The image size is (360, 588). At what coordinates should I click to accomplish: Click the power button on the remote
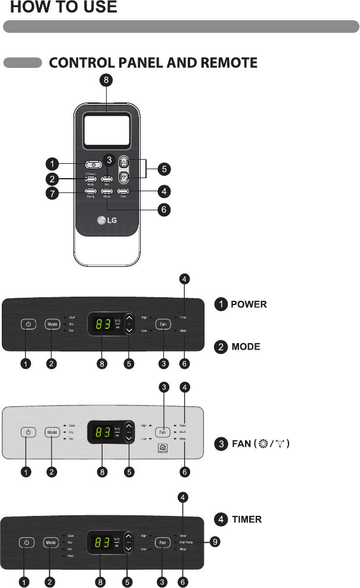click(x=92, y=164)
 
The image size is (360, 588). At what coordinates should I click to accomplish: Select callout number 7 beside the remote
click(x=54, y=193)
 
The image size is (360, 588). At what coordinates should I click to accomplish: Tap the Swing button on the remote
click(x=91, y=192)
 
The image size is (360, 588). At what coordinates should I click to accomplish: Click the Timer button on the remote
click(x=123, y=192)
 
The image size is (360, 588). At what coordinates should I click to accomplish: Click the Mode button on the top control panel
click(x=52, y=324)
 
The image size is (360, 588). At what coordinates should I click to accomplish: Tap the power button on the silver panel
click(x=27, y=431)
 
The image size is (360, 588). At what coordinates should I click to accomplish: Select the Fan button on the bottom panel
click(x=163, y=543)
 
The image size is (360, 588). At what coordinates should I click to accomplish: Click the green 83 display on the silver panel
click(x=100, y=431)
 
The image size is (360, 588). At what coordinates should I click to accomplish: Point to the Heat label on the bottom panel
click(x=70, y=556)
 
